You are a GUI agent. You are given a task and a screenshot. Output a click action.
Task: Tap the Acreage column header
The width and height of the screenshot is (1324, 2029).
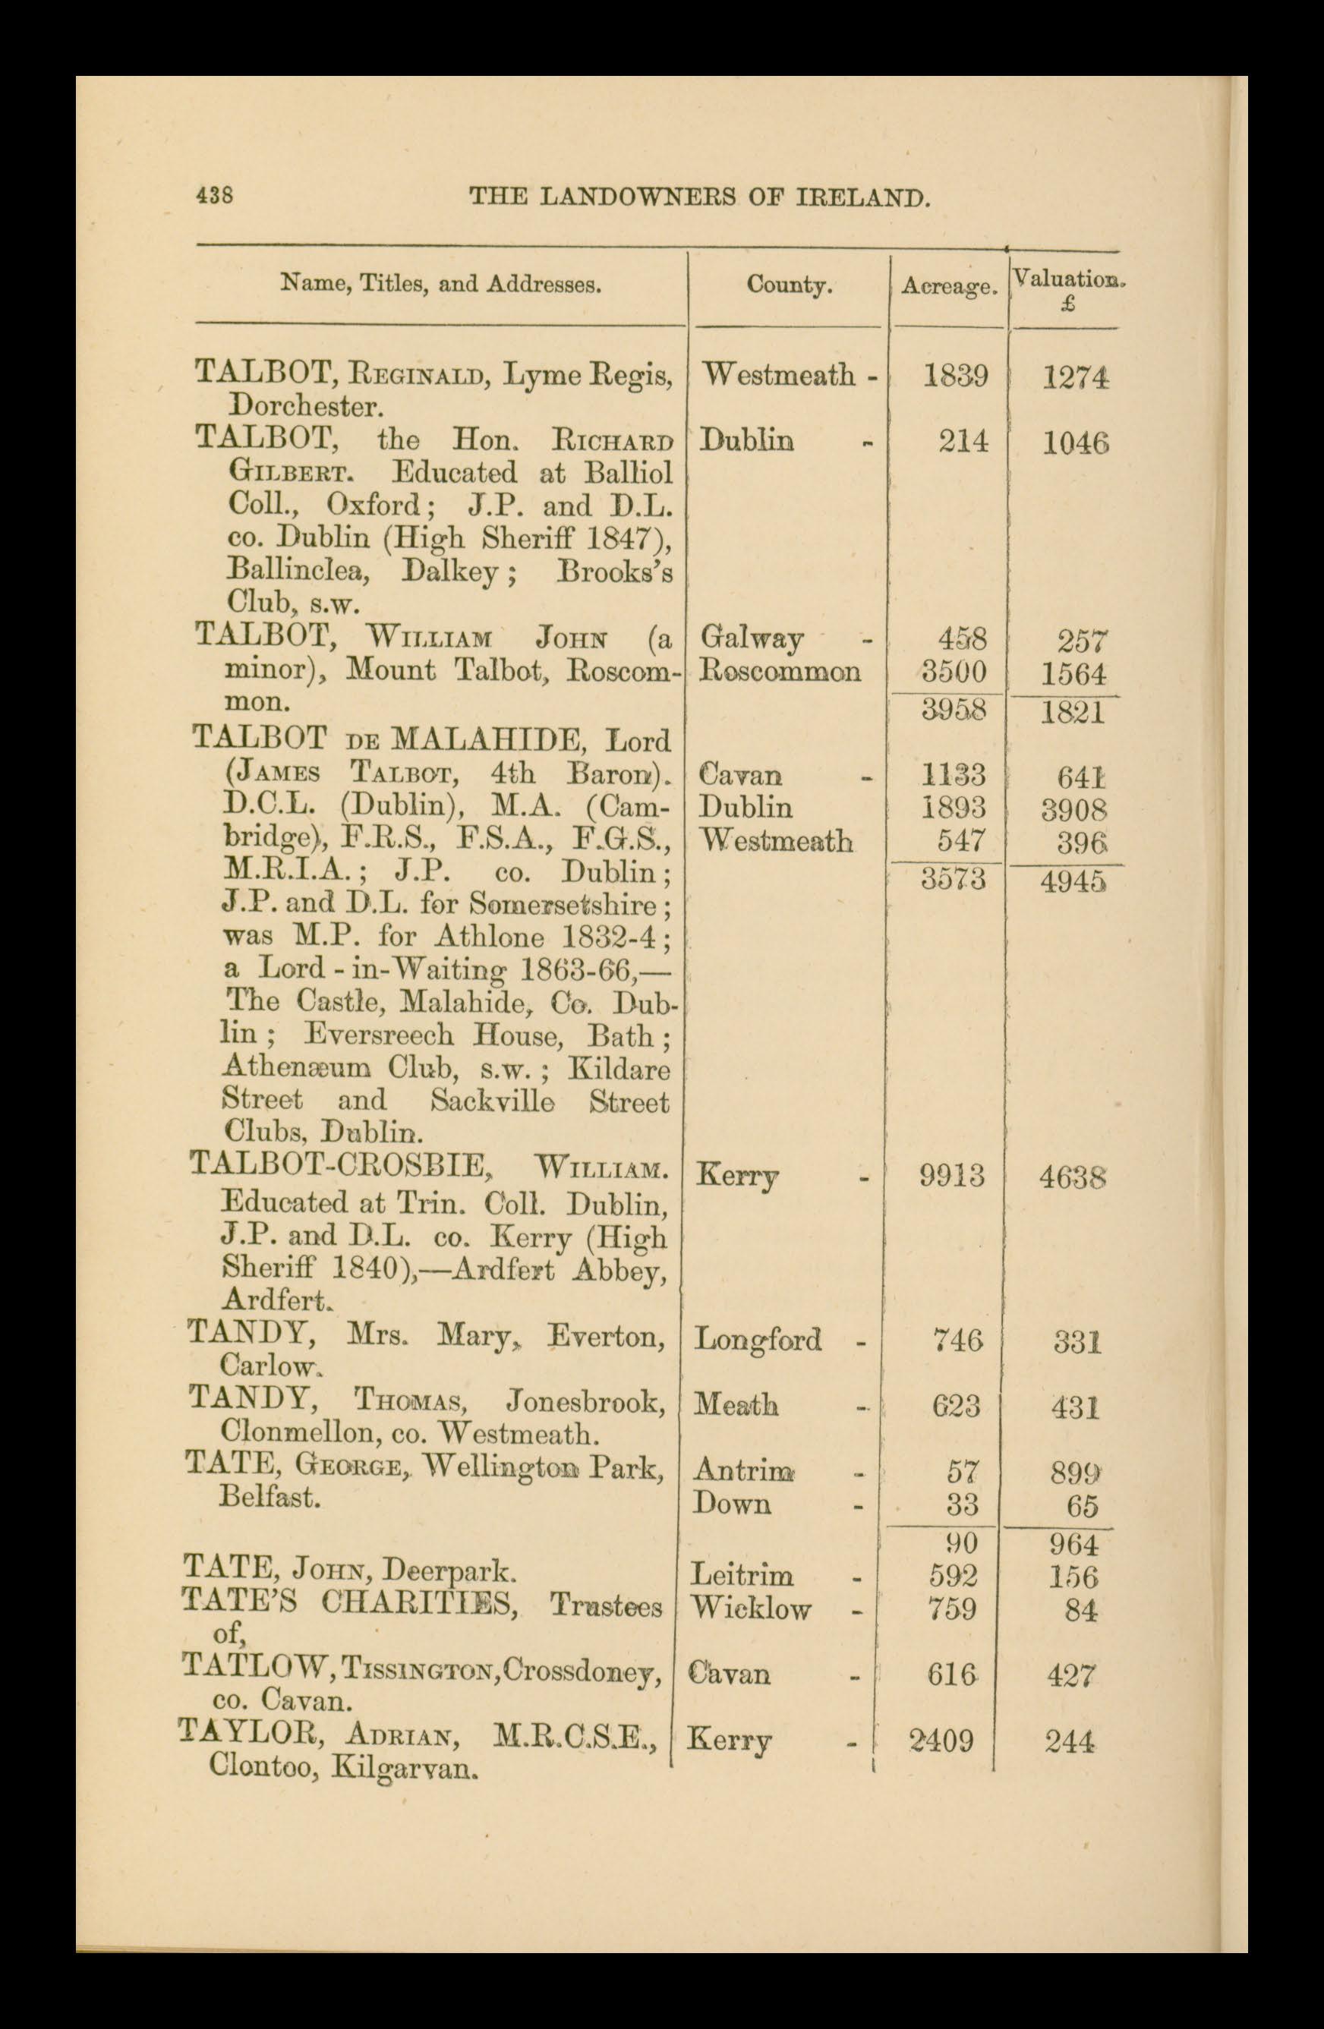point(949,287)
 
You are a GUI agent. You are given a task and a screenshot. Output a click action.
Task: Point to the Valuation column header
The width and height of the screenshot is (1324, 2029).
point(1068,279)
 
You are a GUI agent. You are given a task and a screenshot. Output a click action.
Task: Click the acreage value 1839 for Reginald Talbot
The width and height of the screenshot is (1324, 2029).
point(956,375)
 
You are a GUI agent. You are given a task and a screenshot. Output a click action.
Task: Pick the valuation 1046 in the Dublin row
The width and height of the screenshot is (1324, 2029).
point(1075,443)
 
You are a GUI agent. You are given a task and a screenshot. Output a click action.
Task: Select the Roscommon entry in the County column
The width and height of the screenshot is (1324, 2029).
point(779,672)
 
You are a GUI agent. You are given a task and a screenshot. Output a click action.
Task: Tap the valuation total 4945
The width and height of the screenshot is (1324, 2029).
point(1073,881)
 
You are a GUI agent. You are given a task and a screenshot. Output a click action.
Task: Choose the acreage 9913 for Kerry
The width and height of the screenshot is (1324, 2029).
point(952,1176)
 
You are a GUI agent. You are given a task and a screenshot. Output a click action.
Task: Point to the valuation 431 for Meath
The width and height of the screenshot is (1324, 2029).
point(1074,1406)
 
